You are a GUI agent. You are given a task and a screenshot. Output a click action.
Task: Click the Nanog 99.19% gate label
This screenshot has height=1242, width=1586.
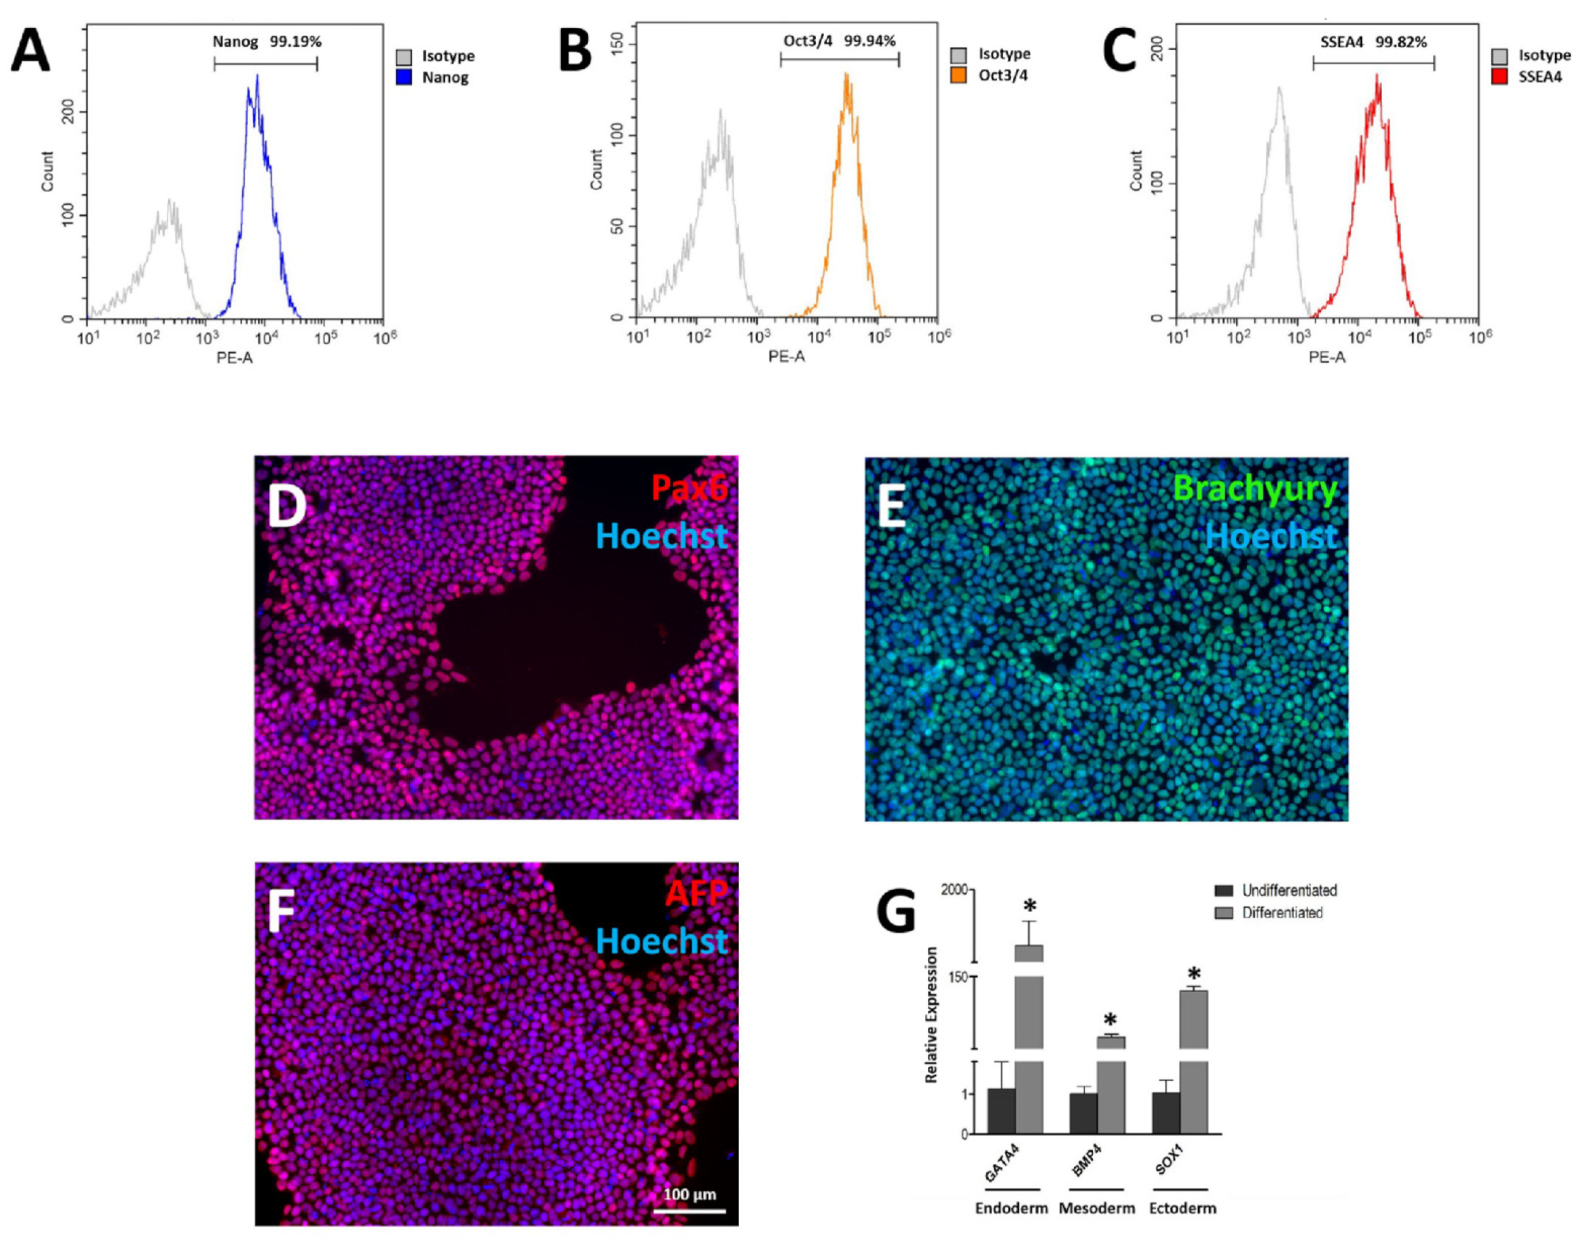pyautogui.click(x=266, y=42)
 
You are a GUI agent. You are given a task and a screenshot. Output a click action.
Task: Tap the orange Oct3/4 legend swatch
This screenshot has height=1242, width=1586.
pyautogui.click(x=959, y=75)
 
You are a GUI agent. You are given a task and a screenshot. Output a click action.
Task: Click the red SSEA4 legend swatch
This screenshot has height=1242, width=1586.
pyautogui.click(x=1498, y=76)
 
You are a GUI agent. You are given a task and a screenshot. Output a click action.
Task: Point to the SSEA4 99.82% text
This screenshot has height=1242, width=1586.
pyautogui.click(x=1373, y=42)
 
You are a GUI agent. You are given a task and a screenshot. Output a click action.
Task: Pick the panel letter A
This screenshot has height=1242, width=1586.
pyautogui.click(x=30, y=51)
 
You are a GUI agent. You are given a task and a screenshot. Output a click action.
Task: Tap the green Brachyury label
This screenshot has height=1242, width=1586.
pyautogui.click(x=1254, y=488)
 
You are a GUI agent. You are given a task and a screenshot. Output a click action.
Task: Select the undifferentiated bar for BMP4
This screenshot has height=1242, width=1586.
pyautogui.click(x=1083, y=1113)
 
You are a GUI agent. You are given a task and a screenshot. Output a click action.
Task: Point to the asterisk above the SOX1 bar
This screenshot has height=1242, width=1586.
pyautogui.click(x=1193, y=974)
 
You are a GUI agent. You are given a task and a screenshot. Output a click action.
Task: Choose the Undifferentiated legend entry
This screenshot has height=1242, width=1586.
pyautogui.click(x=1288, y=890)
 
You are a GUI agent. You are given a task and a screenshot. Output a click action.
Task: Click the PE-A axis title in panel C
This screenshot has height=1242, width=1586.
pyautogui.click(x=1327, y=358)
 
